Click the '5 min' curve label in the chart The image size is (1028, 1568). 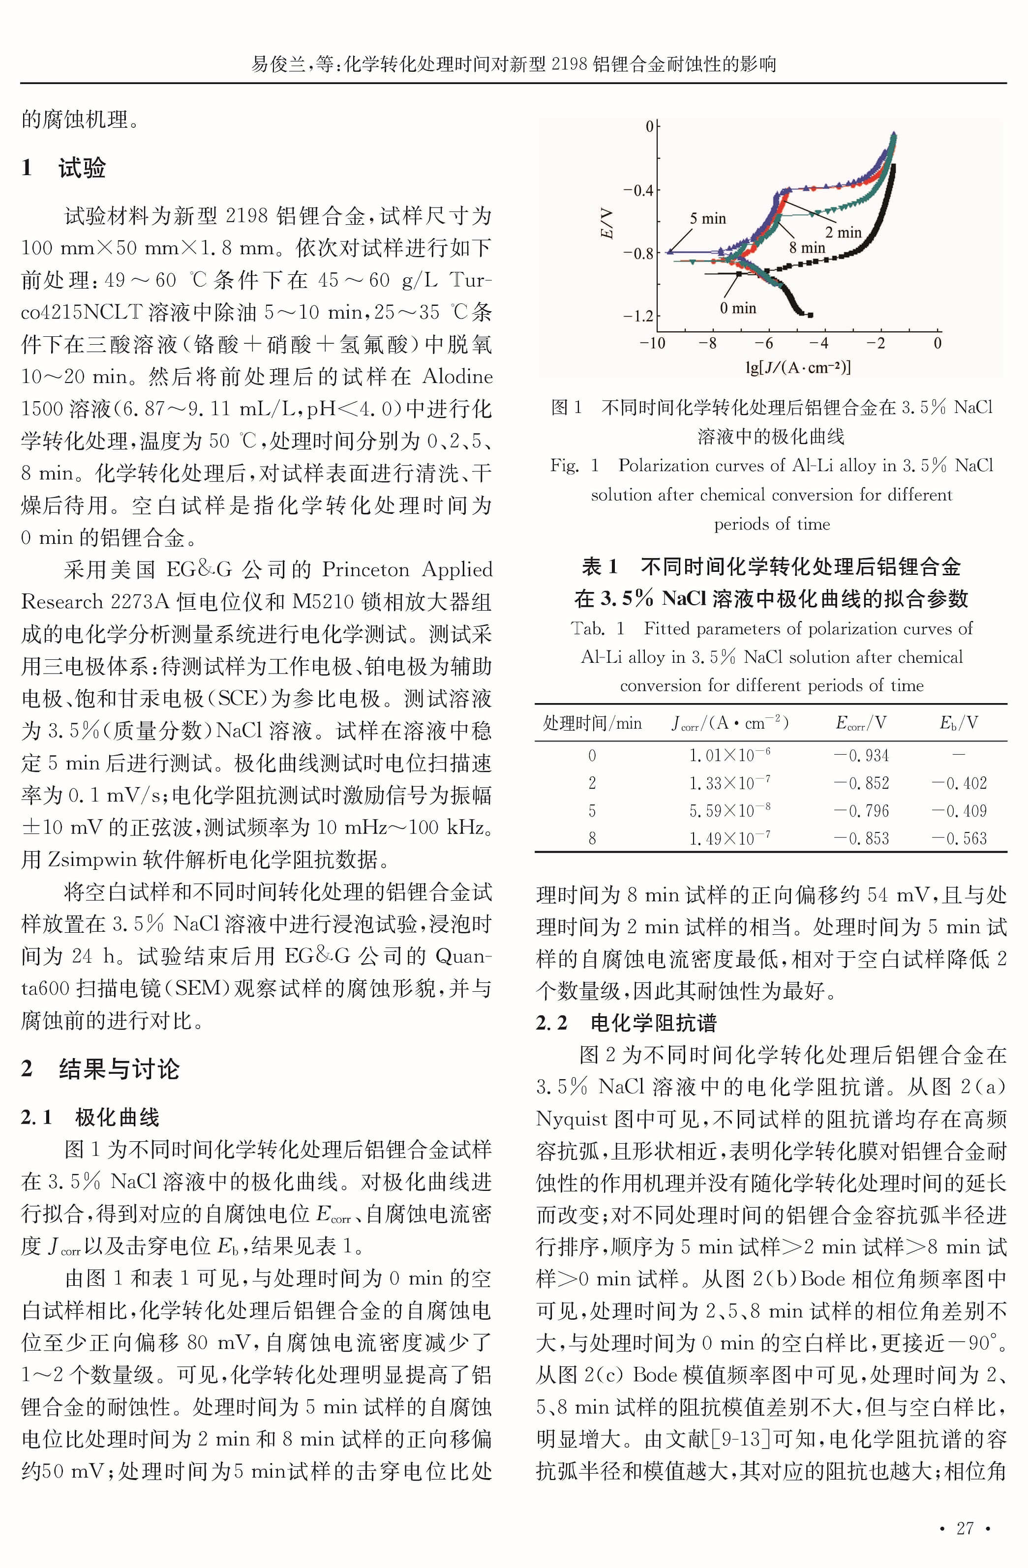tap(707, 219)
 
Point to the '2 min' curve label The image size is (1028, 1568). tap(843, 233)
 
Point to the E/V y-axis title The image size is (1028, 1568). tap(606, 223)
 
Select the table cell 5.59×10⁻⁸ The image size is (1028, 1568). tap(729, 810)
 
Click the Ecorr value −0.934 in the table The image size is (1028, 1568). tap(861, 755)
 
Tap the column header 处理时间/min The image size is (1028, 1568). tap(592, 723)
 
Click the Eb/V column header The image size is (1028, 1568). tap(958, 723)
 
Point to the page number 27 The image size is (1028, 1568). tap(965, 1528)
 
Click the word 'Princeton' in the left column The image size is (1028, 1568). tap(365, 570)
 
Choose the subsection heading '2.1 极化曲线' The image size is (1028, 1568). tap(91, 1117)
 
